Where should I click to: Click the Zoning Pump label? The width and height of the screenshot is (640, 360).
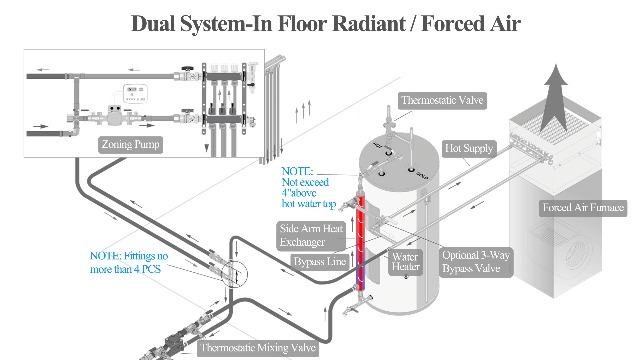pyautogui.click(x=131, y=144)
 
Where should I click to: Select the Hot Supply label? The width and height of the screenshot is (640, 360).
pyautogui.click(x=469, y=148)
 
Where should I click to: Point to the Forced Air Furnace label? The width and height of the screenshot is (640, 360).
pyautogui.click(x=583, y=208)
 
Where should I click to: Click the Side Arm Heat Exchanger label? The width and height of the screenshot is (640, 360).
pyautogui.click(x=312, y=235)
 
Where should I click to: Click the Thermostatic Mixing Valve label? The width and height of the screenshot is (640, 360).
pyautogui.click(x=257, y=348)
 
